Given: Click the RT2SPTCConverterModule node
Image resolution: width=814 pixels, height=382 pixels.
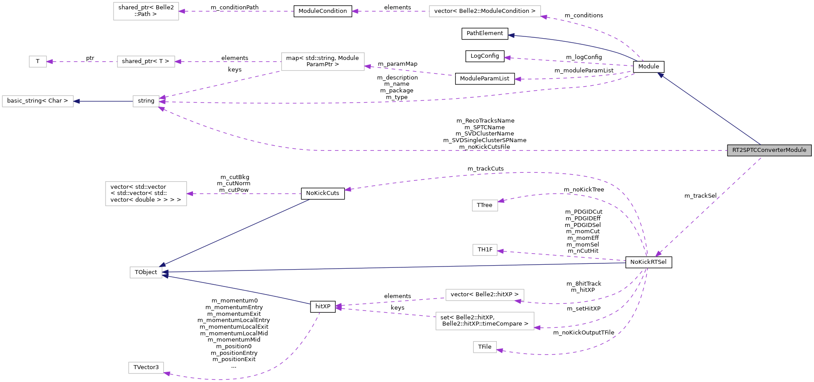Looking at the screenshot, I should (x=769, y=150).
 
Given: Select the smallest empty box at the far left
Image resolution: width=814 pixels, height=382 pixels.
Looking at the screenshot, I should (x=38, y=62).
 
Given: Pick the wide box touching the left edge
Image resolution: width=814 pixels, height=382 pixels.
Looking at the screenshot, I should (x=38, y=101).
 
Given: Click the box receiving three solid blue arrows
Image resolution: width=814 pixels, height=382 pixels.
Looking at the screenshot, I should (x=145, y=272).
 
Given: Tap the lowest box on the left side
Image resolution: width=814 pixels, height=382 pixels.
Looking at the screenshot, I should (x=146, y=368).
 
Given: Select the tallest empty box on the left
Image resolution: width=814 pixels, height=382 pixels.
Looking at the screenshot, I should (x=146, y=194).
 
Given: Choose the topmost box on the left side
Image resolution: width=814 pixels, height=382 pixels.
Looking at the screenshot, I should (x=146, y=11).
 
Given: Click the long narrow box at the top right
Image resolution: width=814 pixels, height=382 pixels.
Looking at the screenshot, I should (x=485, y=12).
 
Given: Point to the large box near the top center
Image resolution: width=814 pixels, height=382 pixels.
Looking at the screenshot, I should (x=322, y=62).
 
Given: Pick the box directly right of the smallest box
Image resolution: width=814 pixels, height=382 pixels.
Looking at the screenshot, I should (x=146, y=62).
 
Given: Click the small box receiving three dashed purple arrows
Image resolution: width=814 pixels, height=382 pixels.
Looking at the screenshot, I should (x=146, y=101).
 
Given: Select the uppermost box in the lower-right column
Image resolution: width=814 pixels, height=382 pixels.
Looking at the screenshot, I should (x=485, y=205).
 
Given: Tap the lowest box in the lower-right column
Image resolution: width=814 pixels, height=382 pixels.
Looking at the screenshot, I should (x=484, y=347).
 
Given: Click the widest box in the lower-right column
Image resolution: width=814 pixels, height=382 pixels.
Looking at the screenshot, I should (x=485, y=321).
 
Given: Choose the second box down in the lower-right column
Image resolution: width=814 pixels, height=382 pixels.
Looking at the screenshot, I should (x=485, y=250).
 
